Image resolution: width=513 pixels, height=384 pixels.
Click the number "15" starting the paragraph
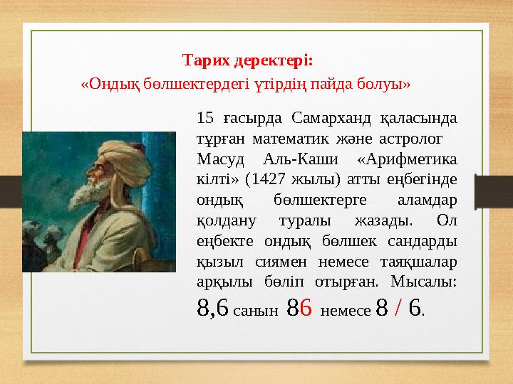click(204, 118)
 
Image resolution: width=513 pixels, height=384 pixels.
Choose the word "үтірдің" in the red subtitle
click(276, 84)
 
